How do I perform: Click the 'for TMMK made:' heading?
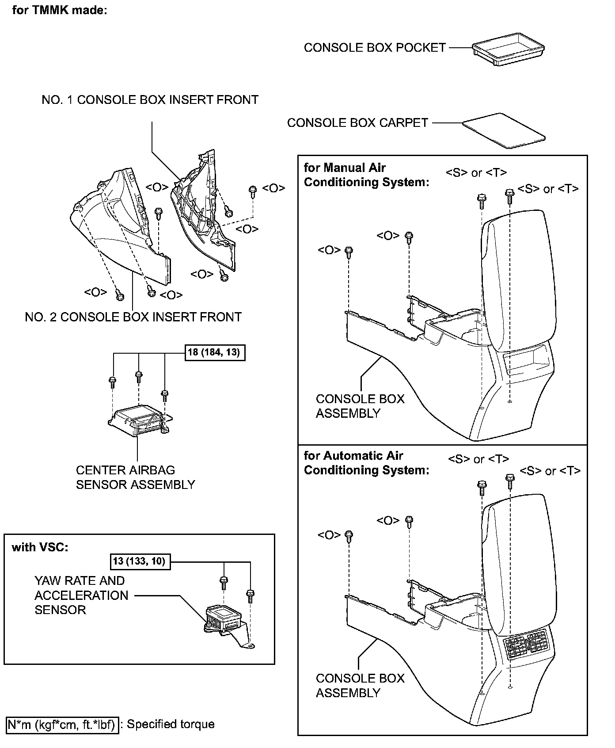point(60,10)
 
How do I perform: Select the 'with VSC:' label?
point(40,547)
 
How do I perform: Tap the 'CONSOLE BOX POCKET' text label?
point(375,48)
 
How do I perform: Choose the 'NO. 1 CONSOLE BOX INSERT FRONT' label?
point(150,100)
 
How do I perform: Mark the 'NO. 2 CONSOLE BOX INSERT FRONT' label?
point(133,317)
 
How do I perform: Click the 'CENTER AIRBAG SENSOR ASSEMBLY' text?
point(135,477)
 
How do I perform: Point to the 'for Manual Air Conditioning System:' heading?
point(366,175)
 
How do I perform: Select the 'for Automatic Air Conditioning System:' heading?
point(366,463)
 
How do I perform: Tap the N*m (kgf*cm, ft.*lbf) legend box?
point(63,725)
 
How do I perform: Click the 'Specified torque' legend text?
point(171,725)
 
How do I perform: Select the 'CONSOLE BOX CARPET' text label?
point(357,123)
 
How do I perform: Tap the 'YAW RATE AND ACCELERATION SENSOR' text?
point(81,595)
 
